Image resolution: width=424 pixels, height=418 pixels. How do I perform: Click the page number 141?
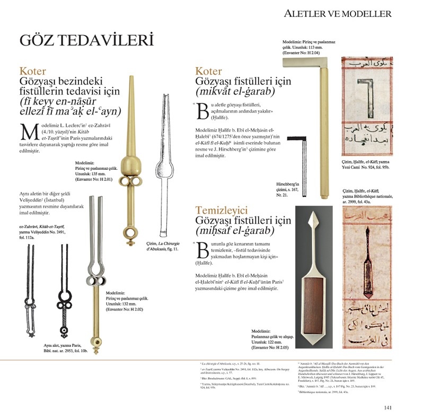(x=387, y=407)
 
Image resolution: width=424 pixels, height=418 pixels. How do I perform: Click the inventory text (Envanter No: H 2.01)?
(x=94, y=179)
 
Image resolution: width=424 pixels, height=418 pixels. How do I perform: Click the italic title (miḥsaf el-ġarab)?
(x=234, y=231)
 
